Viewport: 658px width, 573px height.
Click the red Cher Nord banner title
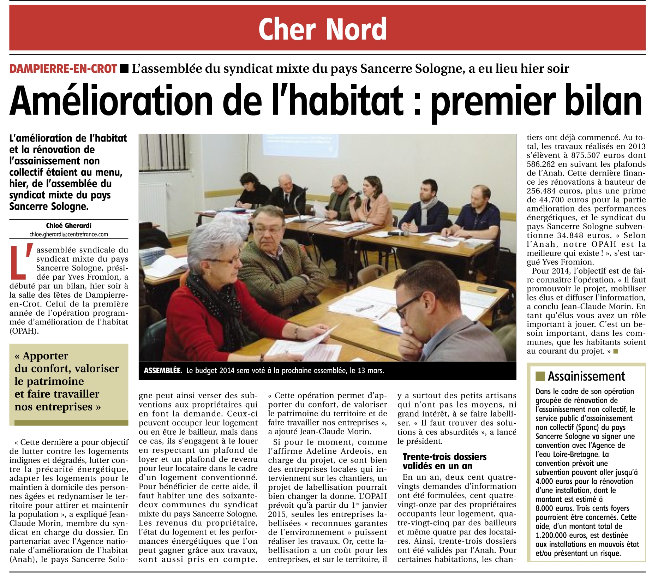coord(322,29)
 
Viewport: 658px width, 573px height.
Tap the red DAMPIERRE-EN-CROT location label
coord(63,68)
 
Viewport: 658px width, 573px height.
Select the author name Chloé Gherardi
coord(68,226)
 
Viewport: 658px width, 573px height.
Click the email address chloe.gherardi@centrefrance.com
coord(68,234)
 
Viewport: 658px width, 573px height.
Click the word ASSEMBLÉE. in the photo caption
coord(163,371)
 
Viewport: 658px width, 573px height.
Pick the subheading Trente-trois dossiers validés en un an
coord(444,461)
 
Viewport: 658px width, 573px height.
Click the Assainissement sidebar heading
coord(586,376)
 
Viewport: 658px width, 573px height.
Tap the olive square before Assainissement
coord(540,376)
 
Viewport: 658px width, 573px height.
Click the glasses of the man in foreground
coord(406,310)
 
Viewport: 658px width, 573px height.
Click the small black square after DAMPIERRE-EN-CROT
coord(124,68)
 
